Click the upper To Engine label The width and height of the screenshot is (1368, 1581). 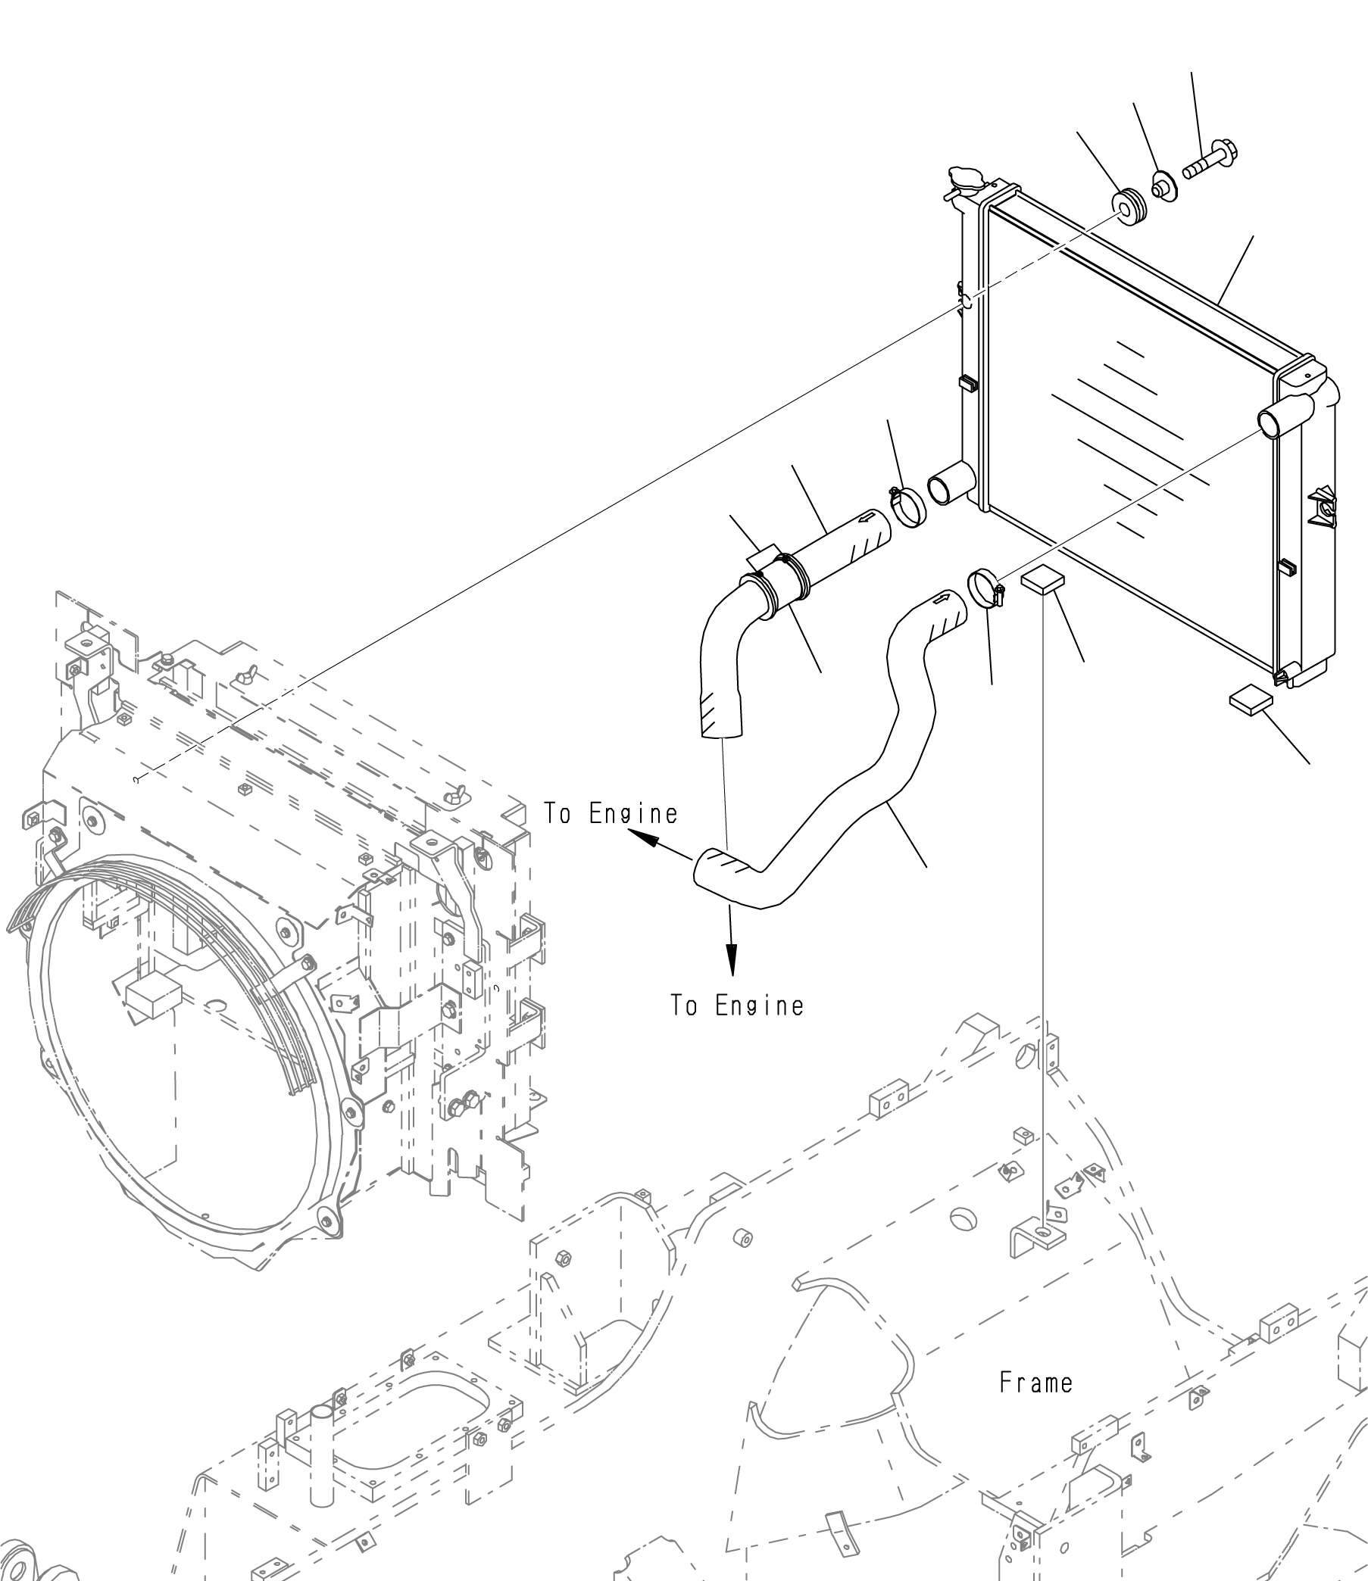click(x=610, y=814)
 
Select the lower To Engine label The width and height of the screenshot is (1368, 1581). click(x=738, y=1006)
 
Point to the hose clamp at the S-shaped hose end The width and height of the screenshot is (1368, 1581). click(x=985, y=588)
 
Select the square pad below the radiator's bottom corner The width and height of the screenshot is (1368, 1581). click(x=1251, y=699)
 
